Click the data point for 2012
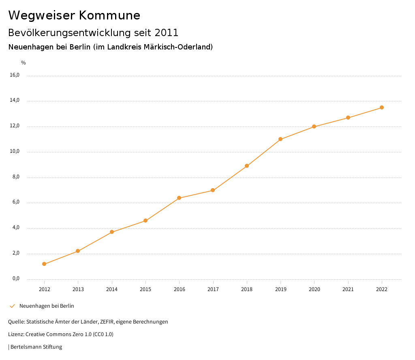tap(44, 264)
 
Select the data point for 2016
tap(179, 198)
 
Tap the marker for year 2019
tap(280, 139)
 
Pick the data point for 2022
tap(382, 107)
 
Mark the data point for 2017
tap(213, 190)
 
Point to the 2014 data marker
tap(112, 232)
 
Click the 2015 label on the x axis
tap(145, 289)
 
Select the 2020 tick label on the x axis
tap(314, 289)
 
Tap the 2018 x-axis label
tap(247, 289)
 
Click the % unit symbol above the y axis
tap(24, 63)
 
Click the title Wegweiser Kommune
tap(74, 15)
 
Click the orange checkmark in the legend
tap(12, 306)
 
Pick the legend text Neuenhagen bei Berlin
tap(47, 306)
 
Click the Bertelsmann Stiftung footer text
tap(36, 347)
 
